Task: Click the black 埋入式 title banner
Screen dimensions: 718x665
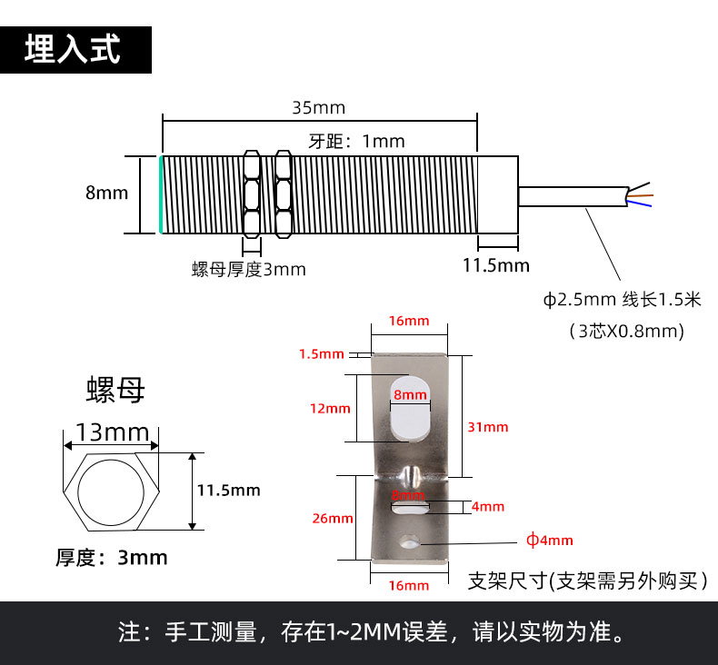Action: click(75, 49)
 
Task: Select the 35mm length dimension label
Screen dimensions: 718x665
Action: click(319, 108)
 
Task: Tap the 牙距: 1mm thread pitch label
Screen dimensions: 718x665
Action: click(356, 142)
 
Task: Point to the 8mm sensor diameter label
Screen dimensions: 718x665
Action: click(106, 193)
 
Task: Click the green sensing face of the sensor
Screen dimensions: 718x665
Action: click(161, 194)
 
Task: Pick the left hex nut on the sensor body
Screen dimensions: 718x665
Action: click(252, 194)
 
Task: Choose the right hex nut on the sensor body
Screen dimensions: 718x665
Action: click(284, 194)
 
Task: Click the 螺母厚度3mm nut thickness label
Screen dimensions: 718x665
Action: click(249, 270)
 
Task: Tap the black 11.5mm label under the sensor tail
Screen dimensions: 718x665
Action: click(496, 265)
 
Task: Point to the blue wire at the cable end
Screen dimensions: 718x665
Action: click(640, 203)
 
